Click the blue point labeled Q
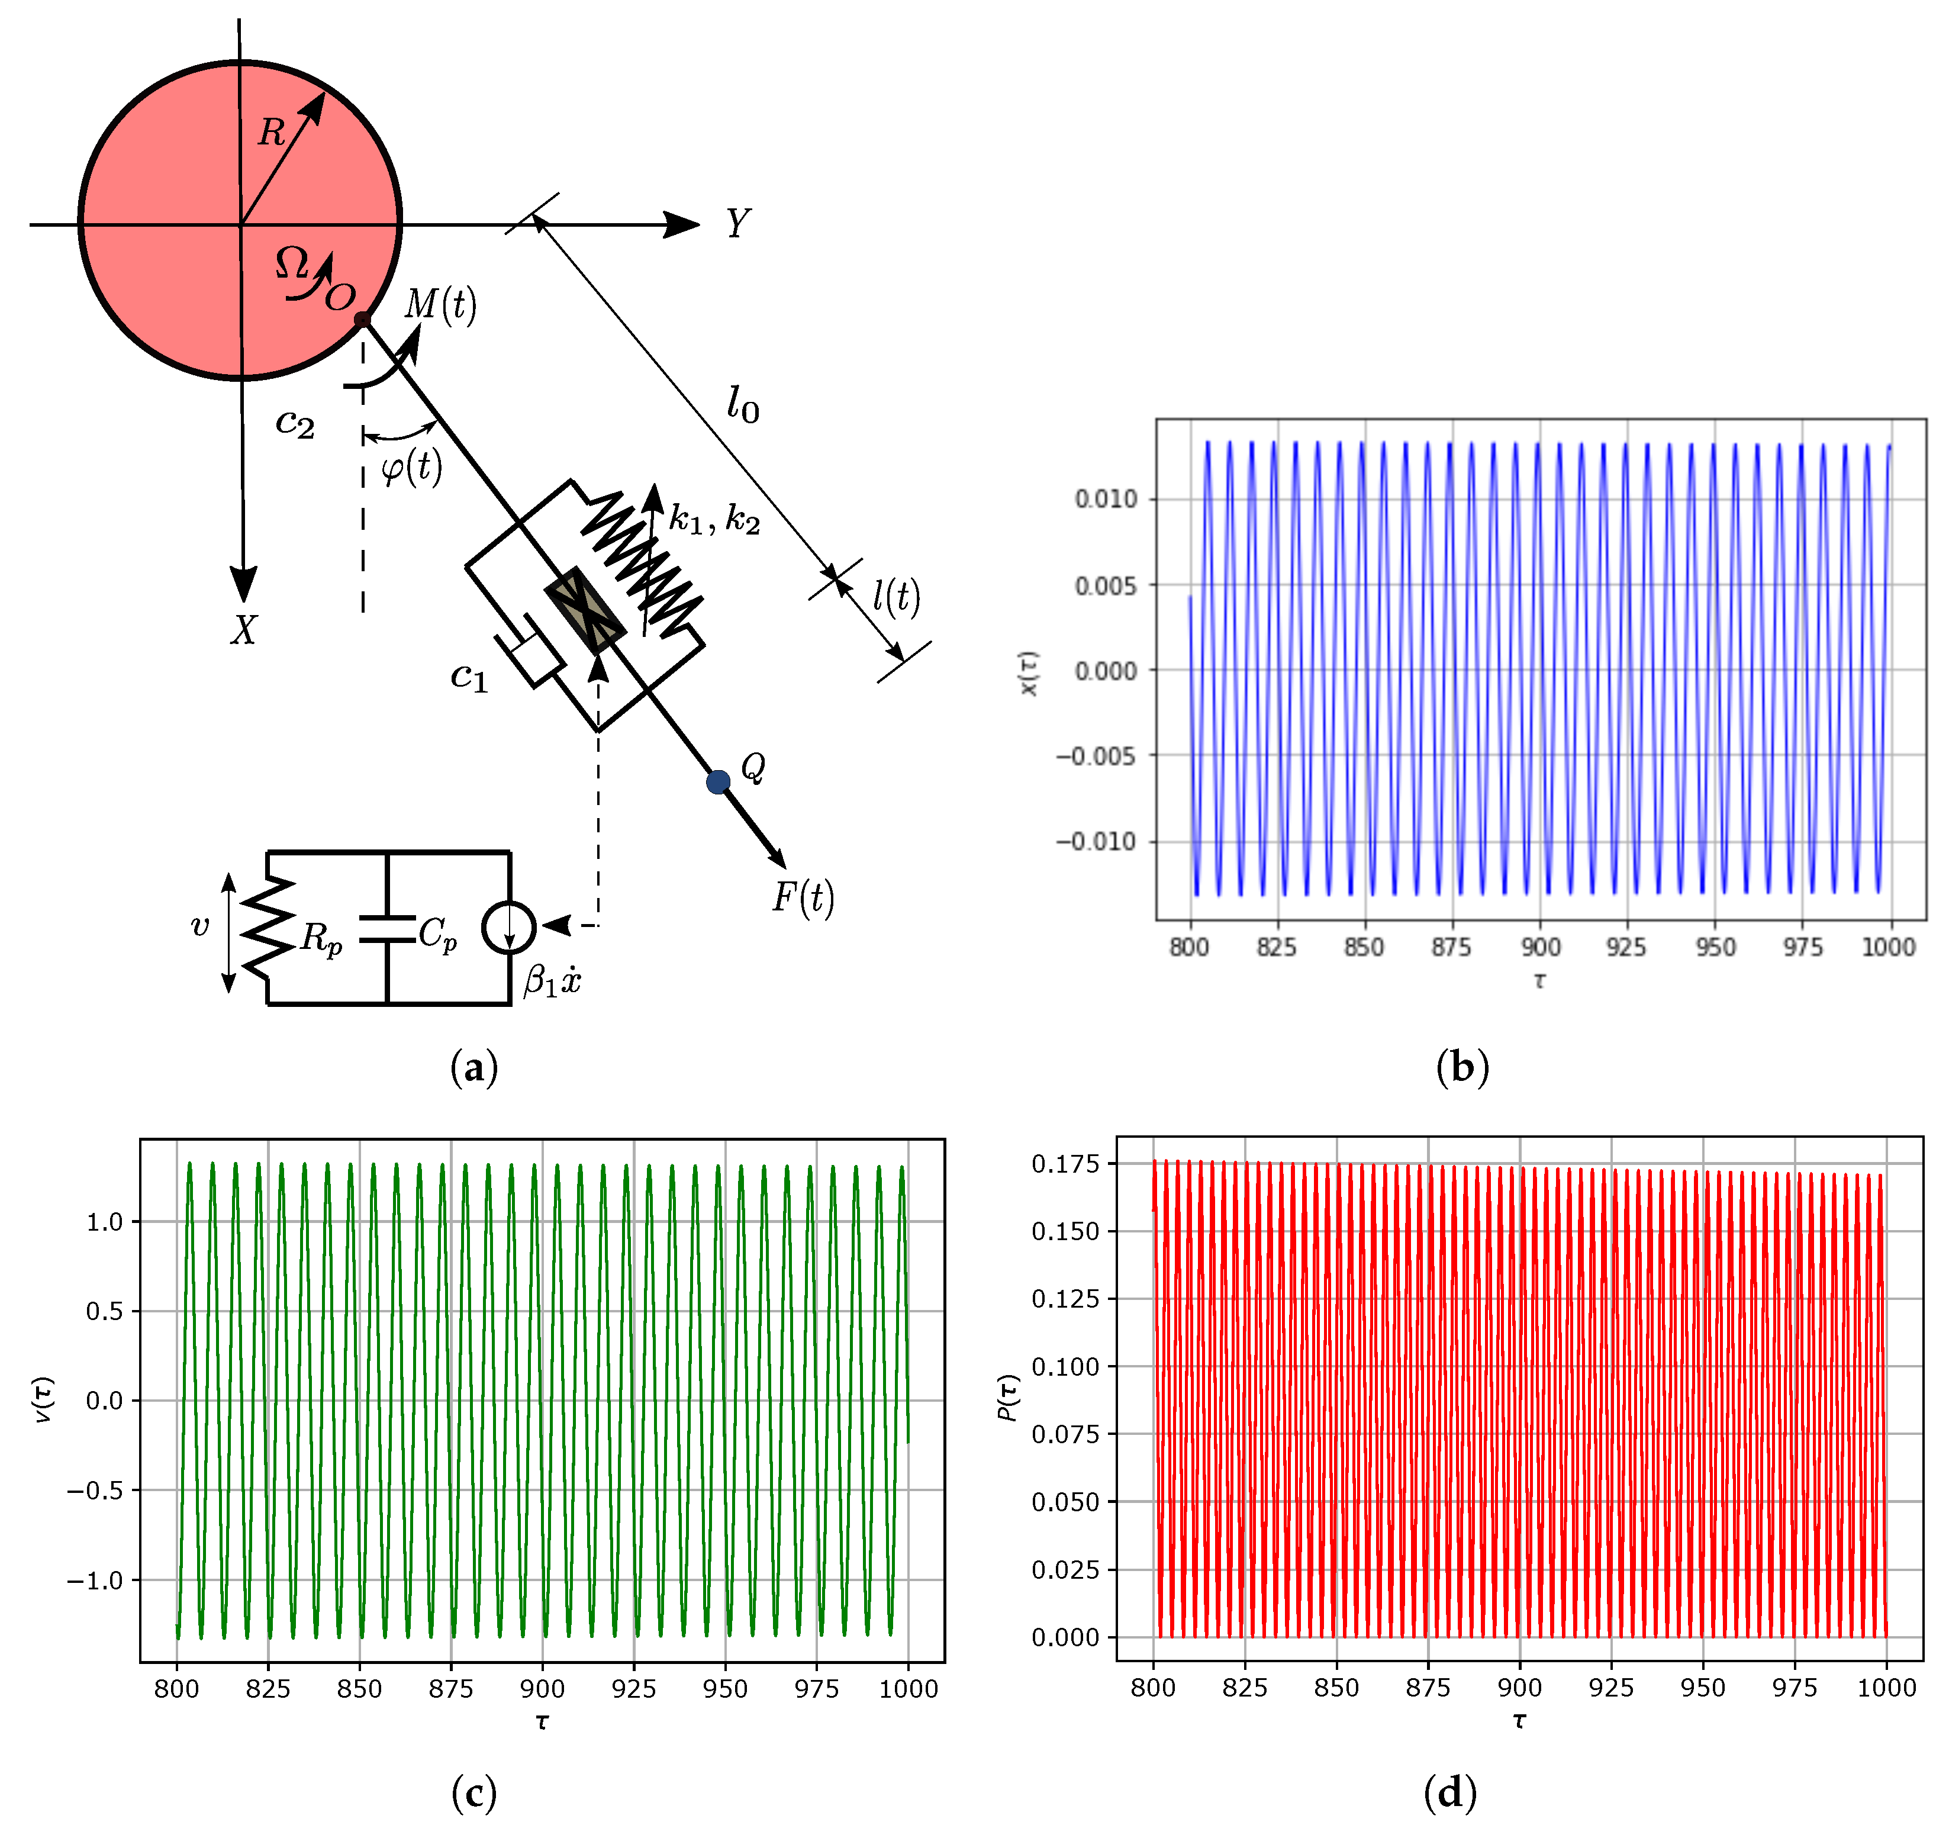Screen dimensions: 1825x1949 tap(718, 781)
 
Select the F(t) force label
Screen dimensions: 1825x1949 tap(803, 897)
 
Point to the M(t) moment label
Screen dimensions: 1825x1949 tap(440, 305)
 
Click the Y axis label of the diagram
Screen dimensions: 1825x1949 tap(737, 224)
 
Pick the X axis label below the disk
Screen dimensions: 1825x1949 tap(243, 630)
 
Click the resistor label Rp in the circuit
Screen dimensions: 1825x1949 tap(321, 938)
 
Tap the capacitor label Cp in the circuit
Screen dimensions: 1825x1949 tap(437, 934)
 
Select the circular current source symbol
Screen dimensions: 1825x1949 tap(509, 927)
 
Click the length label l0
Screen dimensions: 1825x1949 tap(742, 404)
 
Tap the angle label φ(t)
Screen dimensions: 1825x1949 tap(411, 467)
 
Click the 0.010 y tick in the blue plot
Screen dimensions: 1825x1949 tap(1106, 499)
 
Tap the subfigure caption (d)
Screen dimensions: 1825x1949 tap(1449, 1792)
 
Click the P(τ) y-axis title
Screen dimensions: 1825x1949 tap(1008, 1398)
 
